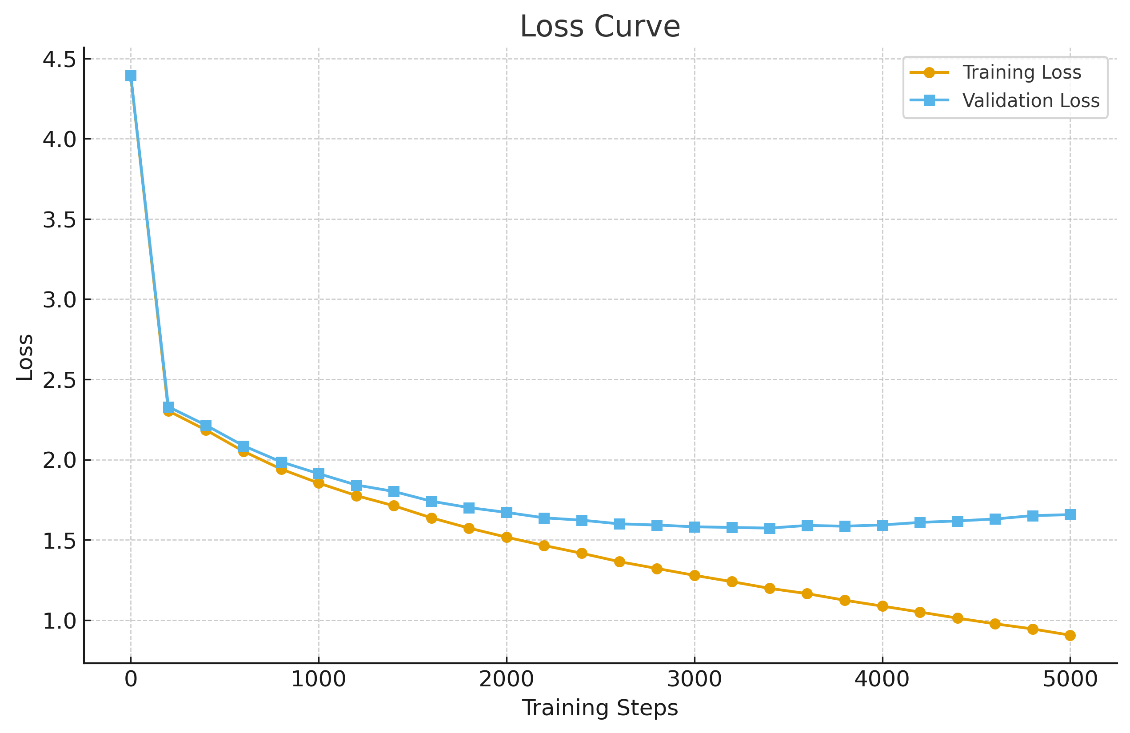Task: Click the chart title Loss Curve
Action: pyautogui.click(x=600, y=27)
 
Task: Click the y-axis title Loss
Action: pyautogui.click(x=25, y=357)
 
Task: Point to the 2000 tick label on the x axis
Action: pyautogui.click(x=507, y=679)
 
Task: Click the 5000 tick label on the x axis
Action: pyautogui.click(x=1070, y=679)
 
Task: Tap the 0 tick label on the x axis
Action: pyautogui.click(x=131, y=679)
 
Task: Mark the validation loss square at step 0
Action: pyautogui.click(x=131, y=76)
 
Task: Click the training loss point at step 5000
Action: pyautogui.click(x=1070, y=635)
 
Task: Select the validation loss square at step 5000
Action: pyautogui.click(x=1070, y=514)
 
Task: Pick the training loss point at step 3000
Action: pyautogui.click(x=695, y=575)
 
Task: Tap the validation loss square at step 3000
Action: pyautogui.click(x=695, y=526)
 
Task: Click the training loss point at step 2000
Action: pyautogui.click(x=507, y=537)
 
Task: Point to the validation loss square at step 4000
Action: pyautogui.click(x=882, y=525)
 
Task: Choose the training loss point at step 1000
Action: pyautogui.click(x=319, y=483)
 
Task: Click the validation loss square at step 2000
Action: pyautogui.click(x=507, y=512)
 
